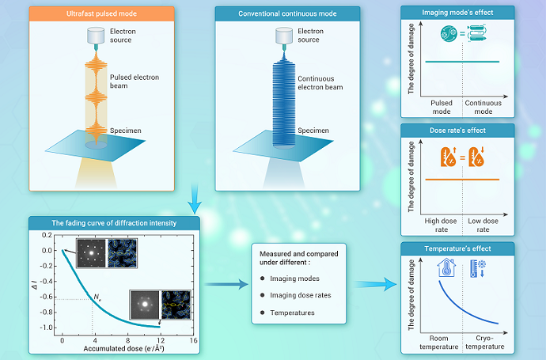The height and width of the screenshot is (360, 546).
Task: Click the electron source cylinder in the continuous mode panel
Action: (286, 36)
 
